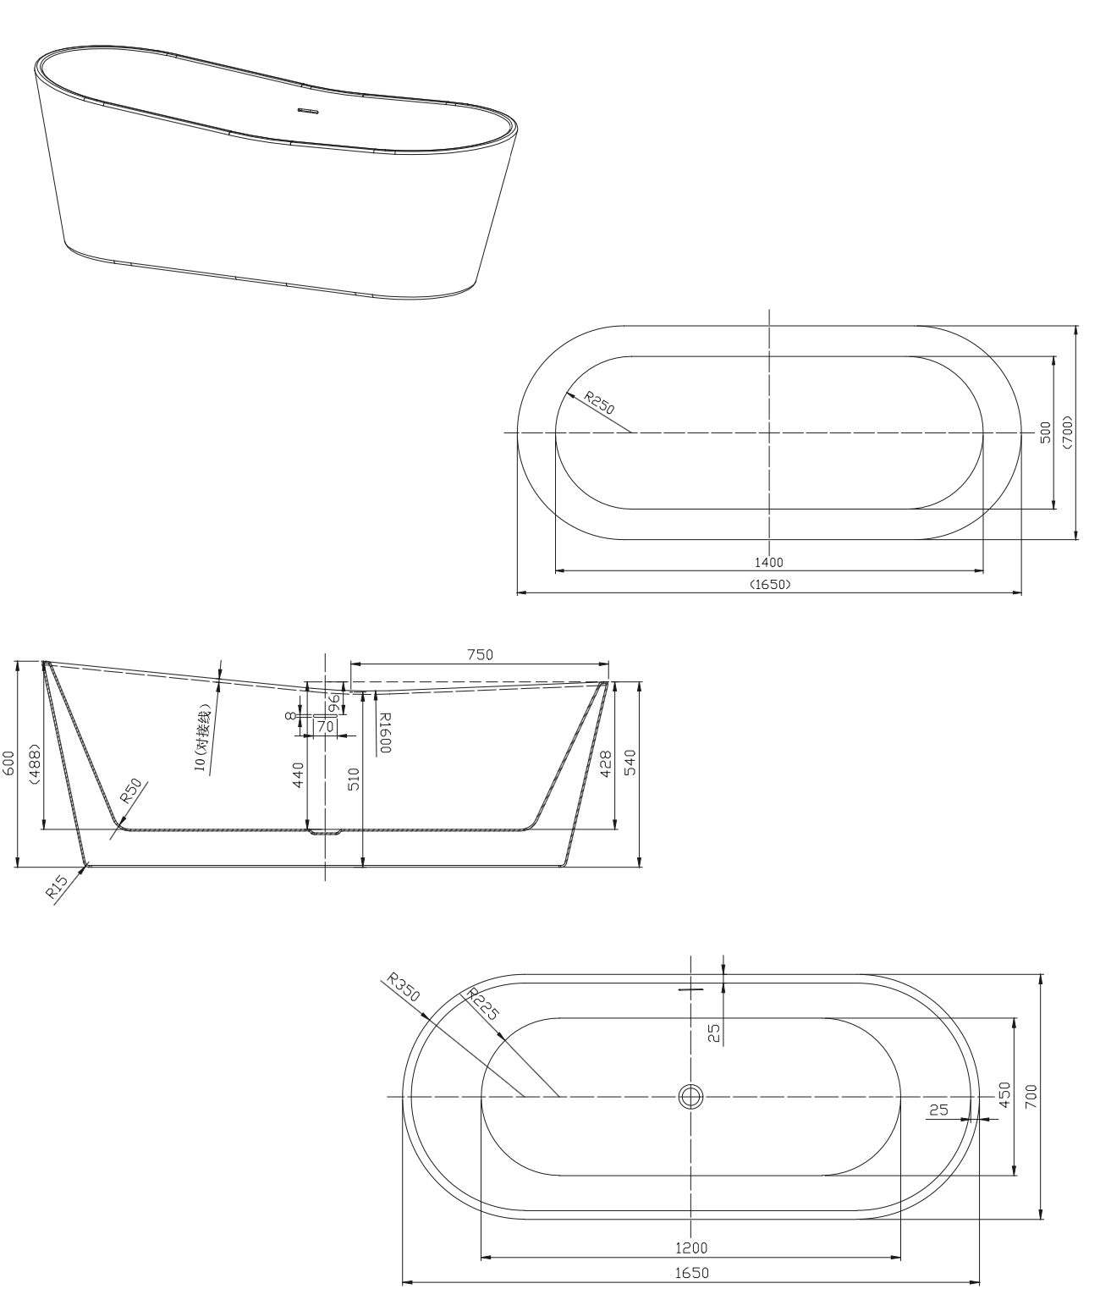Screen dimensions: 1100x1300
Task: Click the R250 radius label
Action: pyautogui.click(x=599, y=403)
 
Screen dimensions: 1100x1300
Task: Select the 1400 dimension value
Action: pyautogui.click(x=768, y=562)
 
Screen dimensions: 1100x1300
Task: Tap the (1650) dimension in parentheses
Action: pyautogui.click(x=770, y=584)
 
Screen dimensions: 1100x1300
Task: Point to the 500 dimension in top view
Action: pyautogui.click(x=1045, y=432)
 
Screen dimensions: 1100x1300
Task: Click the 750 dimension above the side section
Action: pyautogui.click(x=480, y=655)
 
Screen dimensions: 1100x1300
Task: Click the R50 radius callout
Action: pyautogui.click(x=130, y=790)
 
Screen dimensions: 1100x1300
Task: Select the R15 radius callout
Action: pyautogui.click(x=57, y=887)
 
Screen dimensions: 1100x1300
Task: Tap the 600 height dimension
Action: pyautogui.click(x=9, y=763)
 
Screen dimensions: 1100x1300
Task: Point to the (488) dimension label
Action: pyautogui.click(x=35, y=763)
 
